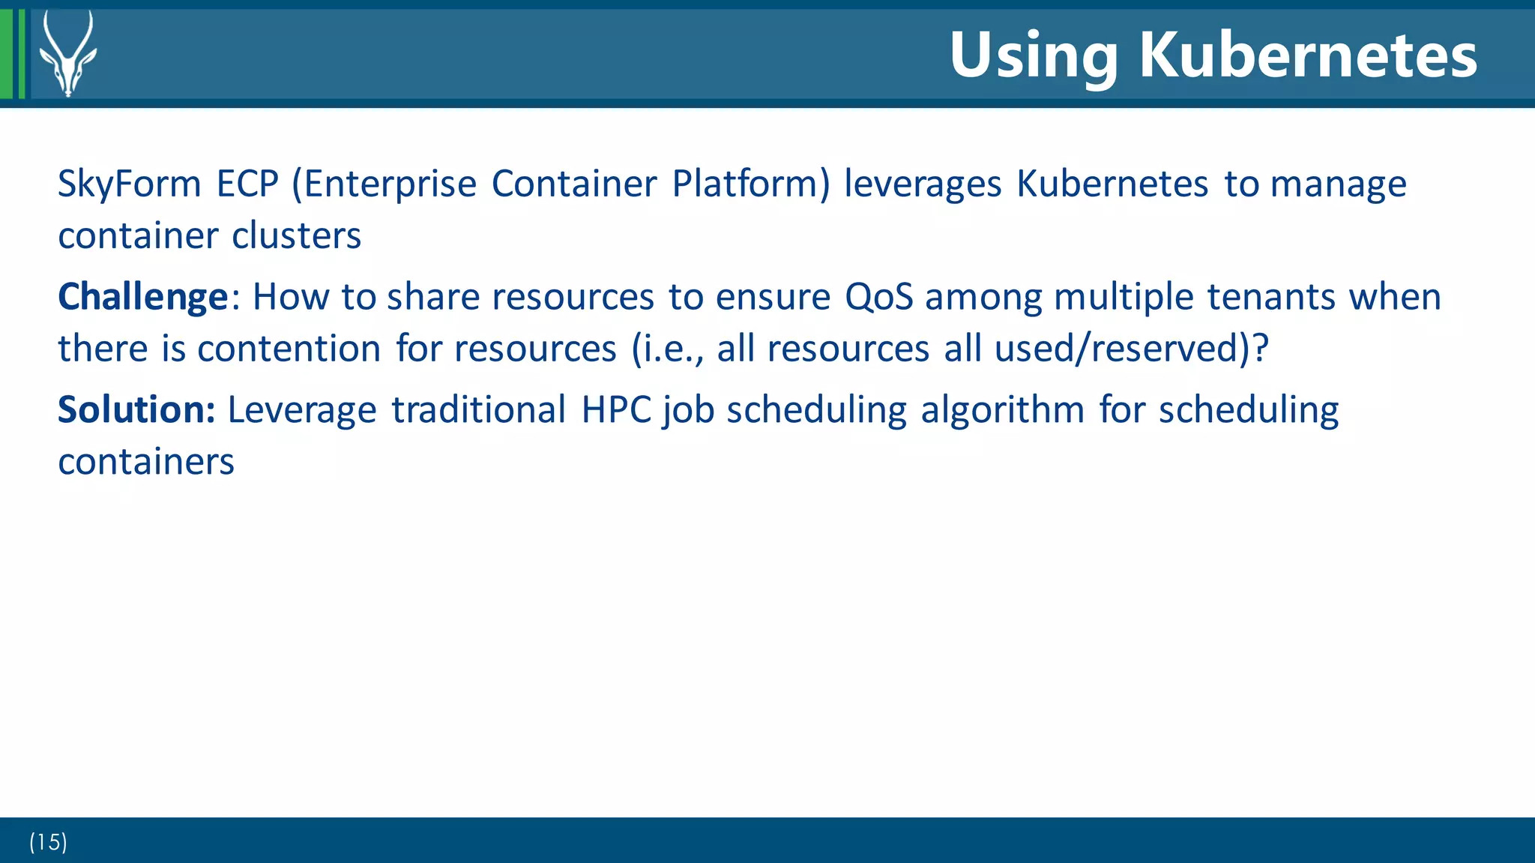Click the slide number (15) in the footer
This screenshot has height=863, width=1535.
(48, 842)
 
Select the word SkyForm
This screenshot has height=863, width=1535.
(130, 184)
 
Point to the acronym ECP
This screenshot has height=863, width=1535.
(247, 184)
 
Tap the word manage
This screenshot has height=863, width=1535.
(1339, 184)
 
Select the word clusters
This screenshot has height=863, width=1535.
(297, 235)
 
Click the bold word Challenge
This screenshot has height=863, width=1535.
(142, 297)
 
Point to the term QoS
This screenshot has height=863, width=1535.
(878, 297)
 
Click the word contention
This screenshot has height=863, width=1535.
(289, 349)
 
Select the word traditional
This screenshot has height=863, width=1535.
(478, 409)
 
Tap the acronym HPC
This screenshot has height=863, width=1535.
(616, 409)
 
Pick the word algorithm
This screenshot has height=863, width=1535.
(1002, 409)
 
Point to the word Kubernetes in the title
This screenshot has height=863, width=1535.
(1308, 55)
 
